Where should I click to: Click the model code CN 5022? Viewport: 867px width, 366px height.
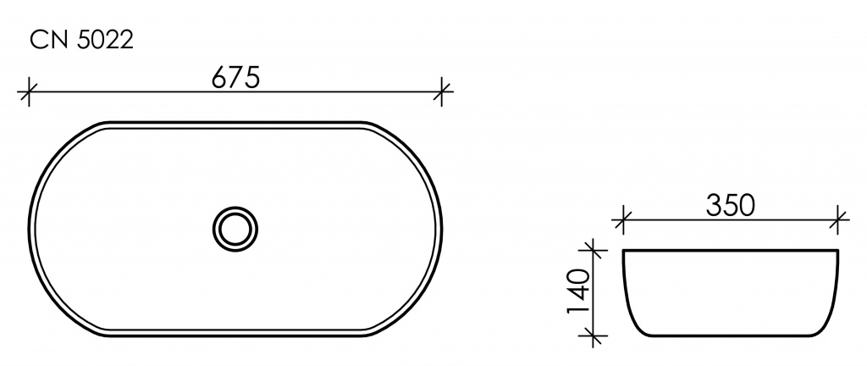82,40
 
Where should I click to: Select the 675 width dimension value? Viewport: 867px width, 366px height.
235,79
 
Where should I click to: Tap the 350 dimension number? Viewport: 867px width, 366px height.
730,206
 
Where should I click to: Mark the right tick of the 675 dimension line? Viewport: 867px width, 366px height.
441,91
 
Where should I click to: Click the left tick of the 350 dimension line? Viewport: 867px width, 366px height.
622,219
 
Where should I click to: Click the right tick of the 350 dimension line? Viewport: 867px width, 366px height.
839,219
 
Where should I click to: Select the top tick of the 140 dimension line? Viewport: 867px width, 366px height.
593,250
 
